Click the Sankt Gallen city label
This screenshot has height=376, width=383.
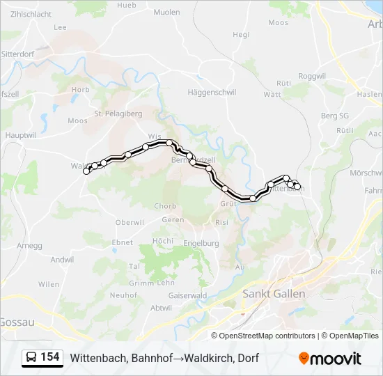click(274, 294)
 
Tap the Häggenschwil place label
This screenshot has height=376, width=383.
click(212, 92)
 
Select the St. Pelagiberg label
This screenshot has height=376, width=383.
click(118, 113)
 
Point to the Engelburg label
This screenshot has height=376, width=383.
click(201, 243)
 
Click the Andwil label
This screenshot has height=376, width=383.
click(62, 260)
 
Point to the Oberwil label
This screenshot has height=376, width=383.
click(130, 222)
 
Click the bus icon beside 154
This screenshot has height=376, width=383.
click(31, 357)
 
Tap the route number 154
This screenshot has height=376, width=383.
click(50, 357)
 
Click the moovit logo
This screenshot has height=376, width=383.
click(330, 358)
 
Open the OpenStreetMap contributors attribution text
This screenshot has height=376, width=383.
click(267, 336)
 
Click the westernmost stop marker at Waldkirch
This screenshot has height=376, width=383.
click(86, 171)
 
